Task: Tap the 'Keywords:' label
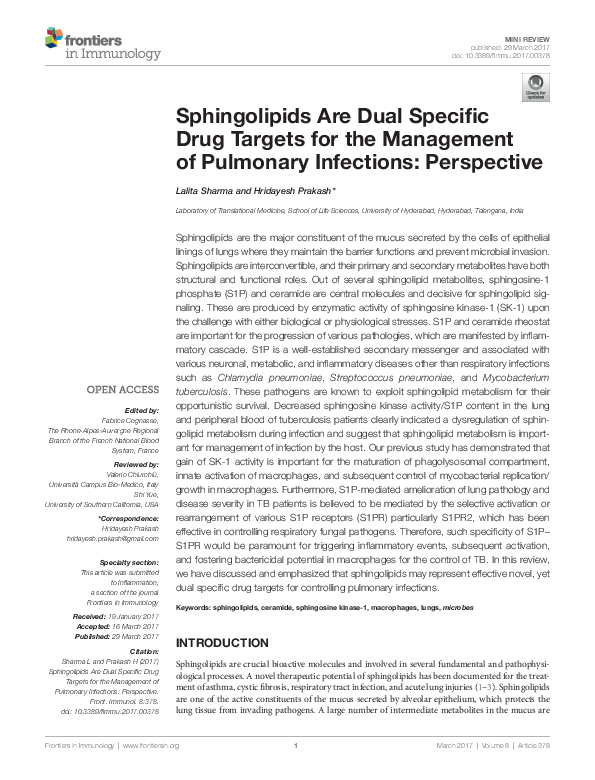coord(194,636)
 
